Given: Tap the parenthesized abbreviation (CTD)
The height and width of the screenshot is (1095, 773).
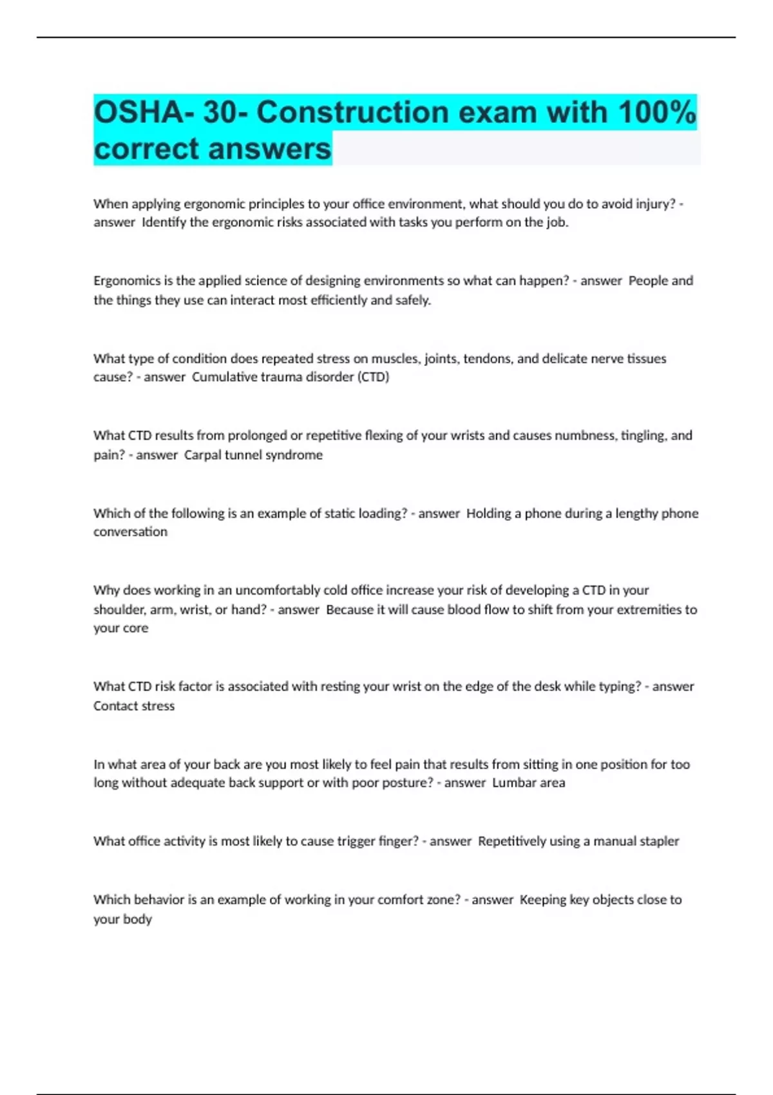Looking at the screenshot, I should (373, 377).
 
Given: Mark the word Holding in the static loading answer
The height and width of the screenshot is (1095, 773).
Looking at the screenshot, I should (489, 513).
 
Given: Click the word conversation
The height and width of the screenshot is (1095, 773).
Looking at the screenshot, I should (130, 532).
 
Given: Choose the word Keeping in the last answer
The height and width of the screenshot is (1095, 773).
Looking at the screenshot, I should (542, 900).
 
